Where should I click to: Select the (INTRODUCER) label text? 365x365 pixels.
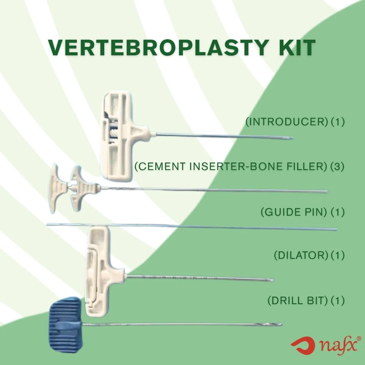287,122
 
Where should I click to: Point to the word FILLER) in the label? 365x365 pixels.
307,166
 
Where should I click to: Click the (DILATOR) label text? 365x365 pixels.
301,255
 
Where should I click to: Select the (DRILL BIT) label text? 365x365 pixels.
297,301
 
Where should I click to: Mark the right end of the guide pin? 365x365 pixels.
337,230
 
